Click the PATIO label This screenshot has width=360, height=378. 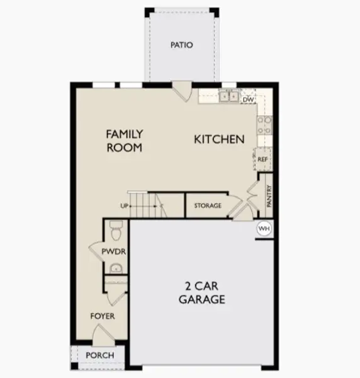click(181, 45)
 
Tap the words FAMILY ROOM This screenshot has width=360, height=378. click(124, 140)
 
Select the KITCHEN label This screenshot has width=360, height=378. click(219, 139)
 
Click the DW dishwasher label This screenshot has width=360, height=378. click(248, 99)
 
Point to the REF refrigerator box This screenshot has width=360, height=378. click(263, 159)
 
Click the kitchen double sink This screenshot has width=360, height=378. click(228, 96)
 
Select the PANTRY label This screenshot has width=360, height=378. click(269, 195)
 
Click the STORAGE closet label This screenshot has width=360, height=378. click(207, 206)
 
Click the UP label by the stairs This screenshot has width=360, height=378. click(125, 206)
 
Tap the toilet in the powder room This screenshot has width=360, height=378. click(114, 232)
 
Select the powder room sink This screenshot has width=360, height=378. click(114, 270)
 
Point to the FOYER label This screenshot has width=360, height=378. click(103, 316)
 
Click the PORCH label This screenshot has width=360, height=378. click(100, 355)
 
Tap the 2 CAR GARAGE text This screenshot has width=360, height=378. click(202, 293)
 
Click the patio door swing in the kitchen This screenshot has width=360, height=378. click(181, 91)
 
